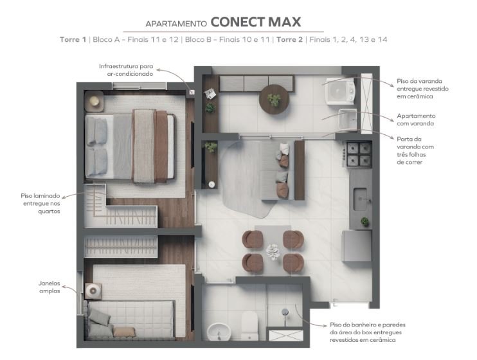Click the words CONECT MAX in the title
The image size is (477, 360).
pyautogui.click(x=256, y=22)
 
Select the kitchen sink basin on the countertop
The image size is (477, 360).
pyautogui.click(x=360, y=199)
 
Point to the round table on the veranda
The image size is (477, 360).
pyautogui.click(x=274, y=99)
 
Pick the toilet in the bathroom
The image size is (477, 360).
pyautogui.click(x=250, y=326)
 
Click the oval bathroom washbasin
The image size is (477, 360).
pyautogui.click(x=219, y=332)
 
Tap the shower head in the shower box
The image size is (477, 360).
pyautogui.click(x=285, y=312)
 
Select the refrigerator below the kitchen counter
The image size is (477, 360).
pyautogui.click(x=357, y=246)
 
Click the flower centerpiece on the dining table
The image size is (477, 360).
pyautogui.click(x=273, y=251)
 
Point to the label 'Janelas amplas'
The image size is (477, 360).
pyautogui.click(x=50, y=287)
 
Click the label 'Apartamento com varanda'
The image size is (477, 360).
pyautogui.click(x=416, y=120)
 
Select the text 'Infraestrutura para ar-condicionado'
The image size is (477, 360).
pyautogui.click(x=126, y=70)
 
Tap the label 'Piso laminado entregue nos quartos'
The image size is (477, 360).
pyautogui.click(x=40, y=203)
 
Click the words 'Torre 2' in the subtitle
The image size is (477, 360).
pyautogui.click(x=289, y=40)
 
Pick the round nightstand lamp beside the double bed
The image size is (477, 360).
pyautogui.click(x=94, y=101)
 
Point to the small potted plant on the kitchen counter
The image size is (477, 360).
pyautogui.click(x=364, y=222)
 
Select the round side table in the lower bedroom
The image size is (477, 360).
pyautogui.click(x=93, y=291)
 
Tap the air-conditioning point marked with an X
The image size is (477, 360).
pyautogui.click(x=192, y=92)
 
